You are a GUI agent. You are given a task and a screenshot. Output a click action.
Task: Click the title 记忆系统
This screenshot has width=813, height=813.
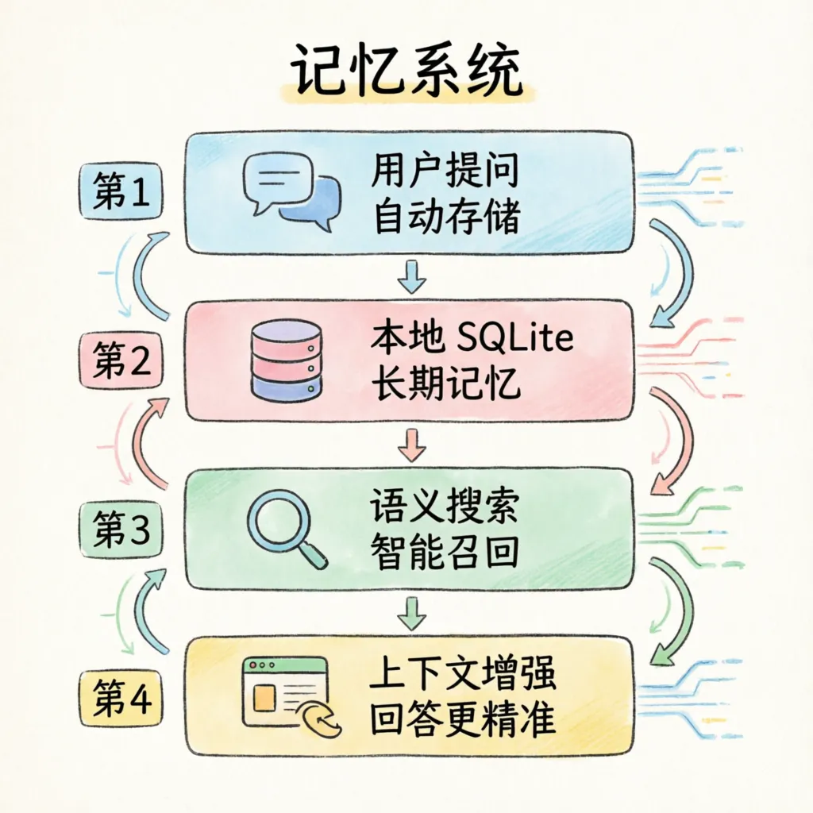coord(406,75)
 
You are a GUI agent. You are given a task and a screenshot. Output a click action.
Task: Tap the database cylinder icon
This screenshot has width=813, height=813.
coord(286,360)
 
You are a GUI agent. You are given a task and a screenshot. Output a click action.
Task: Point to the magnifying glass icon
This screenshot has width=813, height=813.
coord(286,528)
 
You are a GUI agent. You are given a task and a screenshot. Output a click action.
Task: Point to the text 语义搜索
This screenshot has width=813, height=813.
coord(445,508)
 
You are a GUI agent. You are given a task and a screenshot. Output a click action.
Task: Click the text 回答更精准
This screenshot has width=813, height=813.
coord(463,721)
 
